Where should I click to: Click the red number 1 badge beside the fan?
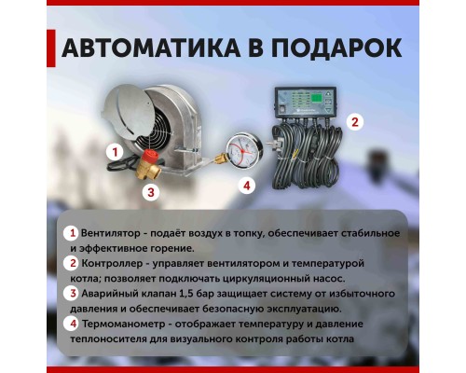tap(114, 149)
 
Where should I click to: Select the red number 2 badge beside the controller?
tap(353, 121)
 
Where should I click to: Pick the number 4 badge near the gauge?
tap(247, 186)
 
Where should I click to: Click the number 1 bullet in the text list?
tap(70, 232)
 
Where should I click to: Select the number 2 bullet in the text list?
tap(70, 263)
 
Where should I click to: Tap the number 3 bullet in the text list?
tap(70, 293)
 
